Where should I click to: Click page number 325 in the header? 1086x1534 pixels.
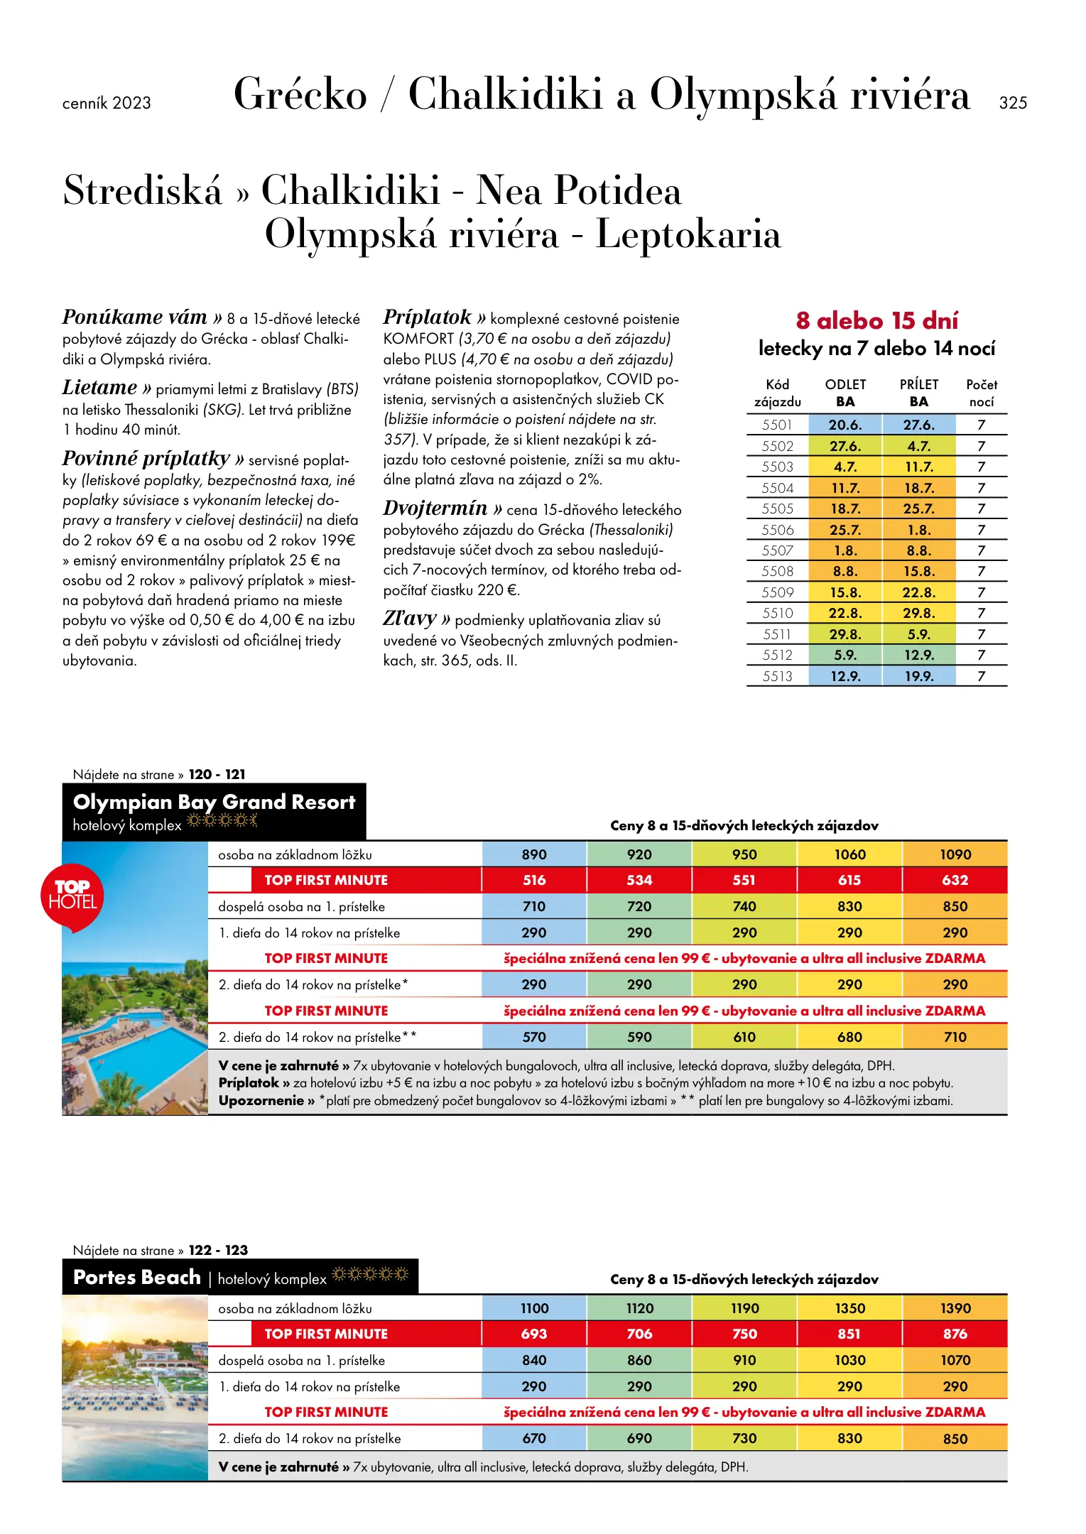pyautogui.click(x=1013, y=103)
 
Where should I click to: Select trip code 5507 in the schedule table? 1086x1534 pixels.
pyautogui.click(x=777, y=550)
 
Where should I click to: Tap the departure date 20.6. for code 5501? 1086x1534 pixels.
pyautogui.click(x=845, y=425)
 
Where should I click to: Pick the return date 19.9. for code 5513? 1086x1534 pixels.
pyautogui.click(x=919, y=676)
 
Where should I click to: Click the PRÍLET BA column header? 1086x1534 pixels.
pyautogui.click(x=919, y=393)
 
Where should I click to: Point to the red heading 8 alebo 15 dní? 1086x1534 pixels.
pyautogui.click(x=876, y=321)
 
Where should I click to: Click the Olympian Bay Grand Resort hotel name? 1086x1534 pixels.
pyautogui.click(x=214, y=802)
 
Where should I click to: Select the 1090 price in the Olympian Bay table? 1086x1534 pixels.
pyautogui.click(x=955, y=854)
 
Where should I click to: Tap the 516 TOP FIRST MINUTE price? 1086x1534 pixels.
pyautogui.click(x=534, y=880)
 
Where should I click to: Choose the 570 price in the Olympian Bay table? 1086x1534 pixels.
pyautogui.click(x=534, y=1037)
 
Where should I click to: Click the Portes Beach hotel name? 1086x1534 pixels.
pyautogui.click(x=137, y=1277)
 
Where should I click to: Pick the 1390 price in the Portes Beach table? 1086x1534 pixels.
pyautogui.click(x=955, y=1308)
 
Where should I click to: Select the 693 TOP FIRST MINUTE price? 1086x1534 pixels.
pyautogui.click(x=534, y=1334)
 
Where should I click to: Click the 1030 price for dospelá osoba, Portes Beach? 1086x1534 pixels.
pyautogui.click(x=850, y=1360)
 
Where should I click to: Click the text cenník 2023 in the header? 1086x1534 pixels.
pyautogui.click(x=107, y=103)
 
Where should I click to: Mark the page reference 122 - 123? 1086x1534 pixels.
pyautogui.click(x=218, y=1250)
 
